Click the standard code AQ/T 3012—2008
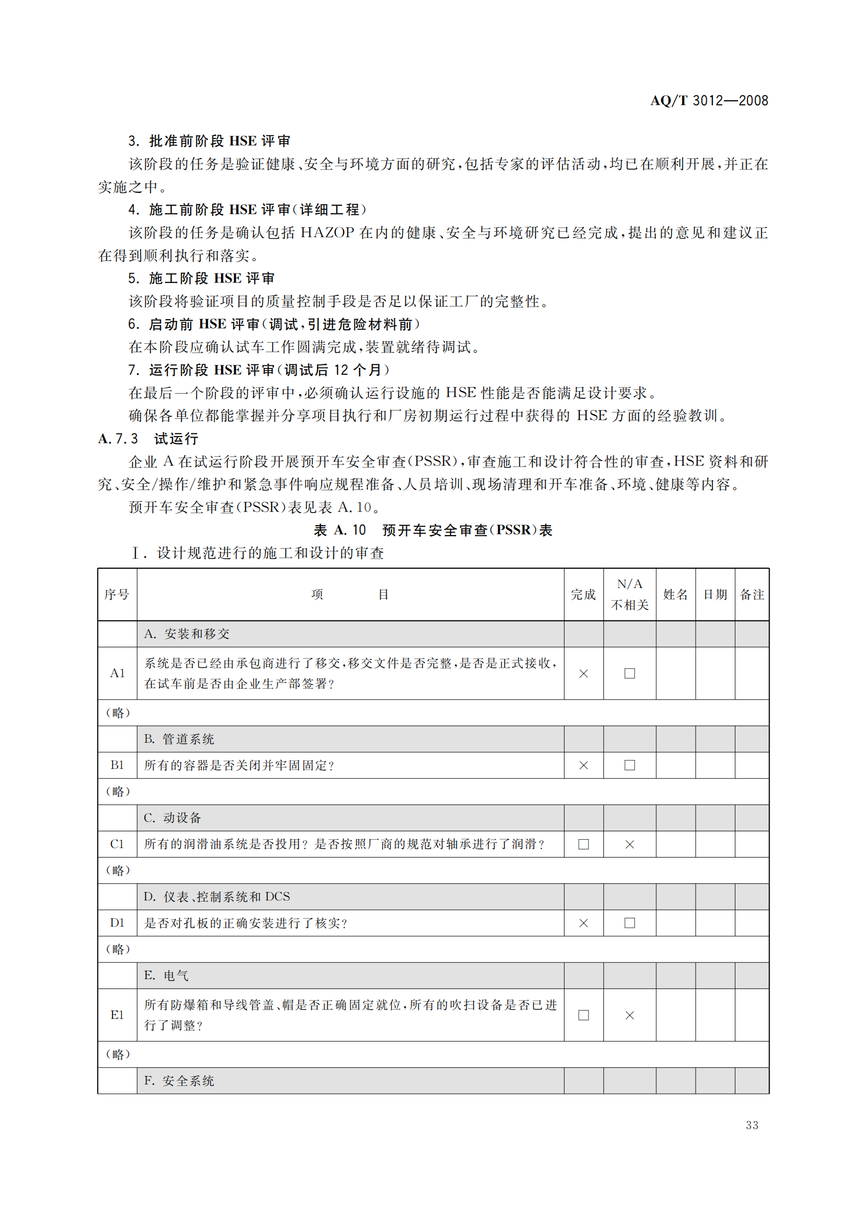tap(709, 101)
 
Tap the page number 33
tap(752, 1125)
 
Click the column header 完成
tap(583, 594)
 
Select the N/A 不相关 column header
tap(630, 594)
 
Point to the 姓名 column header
tap(675, 594)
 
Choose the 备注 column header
tap(752, 594)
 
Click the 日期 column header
tap(715, 594)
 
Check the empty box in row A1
tap(630, 674)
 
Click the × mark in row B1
tap(583, 765)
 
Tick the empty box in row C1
tap(583, 844)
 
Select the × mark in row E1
tap(630, 1015)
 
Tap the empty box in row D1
tap(630, 923)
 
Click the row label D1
tap(117, 923)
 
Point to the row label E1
tap(117, 1015)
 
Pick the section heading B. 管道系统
tap(179, 739)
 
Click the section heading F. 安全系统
tap(179, 1081)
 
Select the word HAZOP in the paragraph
tap(327, 233)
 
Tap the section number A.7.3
tap(118, 439)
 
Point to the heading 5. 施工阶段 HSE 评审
tap(201, 278)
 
